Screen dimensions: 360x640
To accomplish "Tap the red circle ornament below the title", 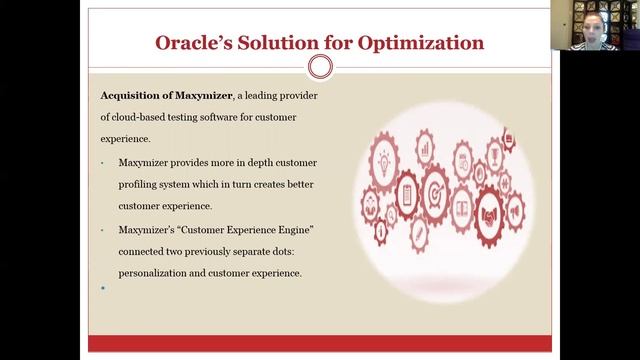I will pos(320,67).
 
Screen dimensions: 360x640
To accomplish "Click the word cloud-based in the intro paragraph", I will pos(141,118).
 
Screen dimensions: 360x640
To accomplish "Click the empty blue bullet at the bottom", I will pos(103,288).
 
